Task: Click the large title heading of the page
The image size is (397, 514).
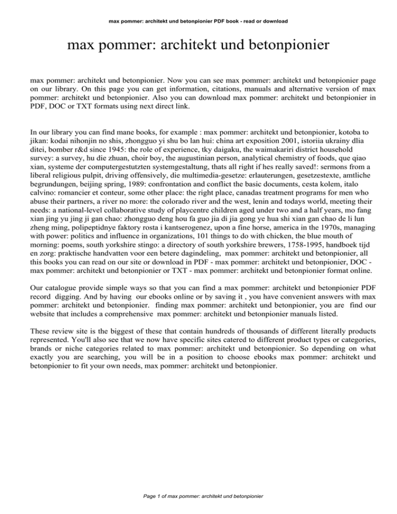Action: [x=198, y=49]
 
